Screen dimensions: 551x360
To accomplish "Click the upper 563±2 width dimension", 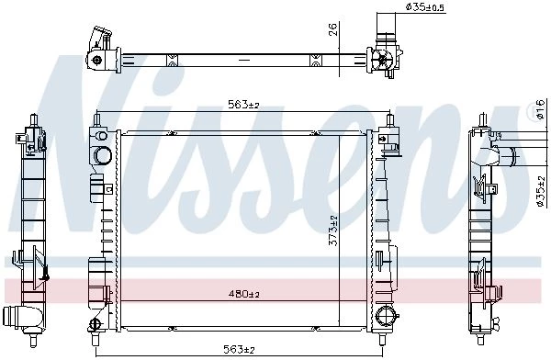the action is coord(243,105).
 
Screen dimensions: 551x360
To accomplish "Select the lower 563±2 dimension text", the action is coord(239,349).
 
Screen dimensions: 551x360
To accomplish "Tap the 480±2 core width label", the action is coord(243,294).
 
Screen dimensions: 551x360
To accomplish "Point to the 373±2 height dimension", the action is coord(332,231).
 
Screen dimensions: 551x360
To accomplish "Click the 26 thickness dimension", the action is coord(333,29).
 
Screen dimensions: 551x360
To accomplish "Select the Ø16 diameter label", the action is coord(541,108).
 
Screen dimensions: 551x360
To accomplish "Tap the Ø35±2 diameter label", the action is coord(541,191).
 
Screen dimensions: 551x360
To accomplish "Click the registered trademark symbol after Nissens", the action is coord(533,110).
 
